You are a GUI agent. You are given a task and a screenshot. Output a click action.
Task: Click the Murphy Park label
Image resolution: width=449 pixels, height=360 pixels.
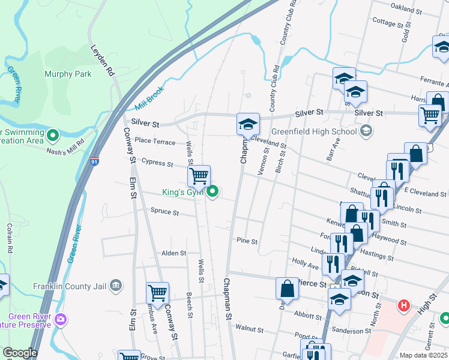point(68,74)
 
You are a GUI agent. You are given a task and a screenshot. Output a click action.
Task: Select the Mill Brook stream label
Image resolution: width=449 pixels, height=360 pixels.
point(149,100)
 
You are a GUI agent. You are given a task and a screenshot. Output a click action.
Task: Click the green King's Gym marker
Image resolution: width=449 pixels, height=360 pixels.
point(212,192)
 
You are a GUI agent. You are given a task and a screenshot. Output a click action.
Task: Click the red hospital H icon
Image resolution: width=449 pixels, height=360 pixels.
point(405,305)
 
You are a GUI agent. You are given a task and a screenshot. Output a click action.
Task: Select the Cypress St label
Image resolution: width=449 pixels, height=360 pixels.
point(157,163)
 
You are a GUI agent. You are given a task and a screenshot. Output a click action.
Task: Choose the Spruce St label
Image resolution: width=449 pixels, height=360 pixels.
point(164,212)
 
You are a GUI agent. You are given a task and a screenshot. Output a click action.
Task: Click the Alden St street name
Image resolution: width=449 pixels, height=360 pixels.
point(173,254)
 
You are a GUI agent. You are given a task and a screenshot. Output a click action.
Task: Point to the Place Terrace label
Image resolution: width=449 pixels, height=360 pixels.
point(155,142)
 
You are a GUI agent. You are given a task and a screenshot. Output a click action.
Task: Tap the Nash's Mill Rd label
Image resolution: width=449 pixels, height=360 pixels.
point(68,151)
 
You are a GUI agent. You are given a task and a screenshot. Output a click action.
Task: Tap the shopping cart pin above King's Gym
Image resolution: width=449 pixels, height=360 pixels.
point(199,176)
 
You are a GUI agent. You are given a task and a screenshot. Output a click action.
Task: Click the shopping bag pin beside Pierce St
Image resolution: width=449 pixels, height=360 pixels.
point(288,289)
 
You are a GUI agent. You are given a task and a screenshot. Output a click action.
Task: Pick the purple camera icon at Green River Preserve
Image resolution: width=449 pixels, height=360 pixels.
point(60,319)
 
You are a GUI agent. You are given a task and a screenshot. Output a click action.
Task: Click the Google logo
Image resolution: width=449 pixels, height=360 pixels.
point(20,353)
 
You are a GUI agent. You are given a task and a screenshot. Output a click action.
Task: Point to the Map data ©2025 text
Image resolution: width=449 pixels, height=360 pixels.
point(423,355)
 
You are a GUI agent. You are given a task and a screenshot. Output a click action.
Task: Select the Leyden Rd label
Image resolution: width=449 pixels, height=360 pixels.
point(102,61)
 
